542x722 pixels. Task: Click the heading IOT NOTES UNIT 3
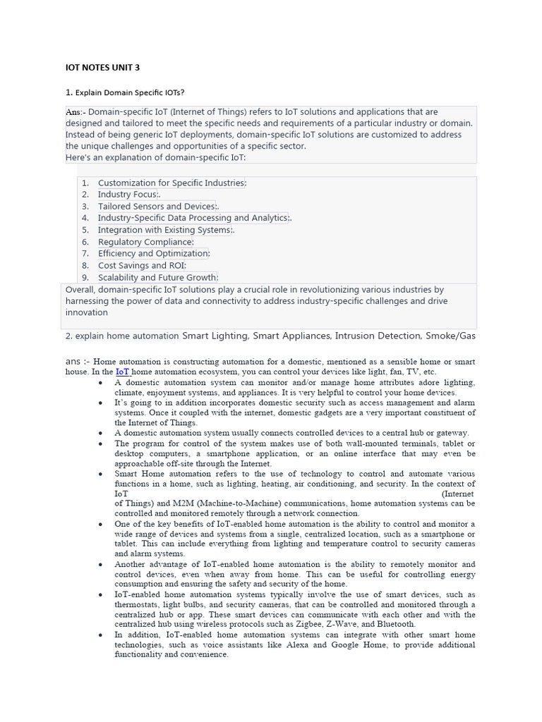click(x=102, y=68)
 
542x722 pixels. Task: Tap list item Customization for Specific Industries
click(x=171, y=183)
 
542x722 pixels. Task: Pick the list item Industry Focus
click(x=128, y=195)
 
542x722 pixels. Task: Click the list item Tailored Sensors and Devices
click(x=157, y=207)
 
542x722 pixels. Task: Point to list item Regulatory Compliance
click(x=145, y=242)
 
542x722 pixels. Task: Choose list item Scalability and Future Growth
click(x=157, y=278)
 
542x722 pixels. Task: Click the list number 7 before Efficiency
click(x=85, y=254)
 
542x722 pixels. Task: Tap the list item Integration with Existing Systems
click(x=164, y=230)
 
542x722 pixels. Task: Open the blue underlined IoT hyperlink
click(x=123, y=372)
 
